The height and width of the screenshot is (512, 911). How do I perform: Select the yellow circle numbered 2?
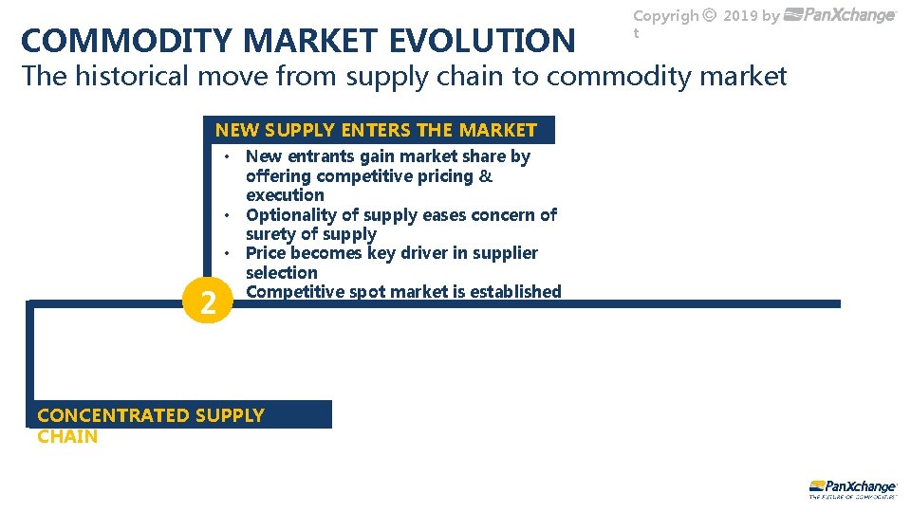point(207,303)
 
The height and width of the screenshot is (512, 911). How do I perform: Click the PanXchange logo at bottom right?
point(852,487)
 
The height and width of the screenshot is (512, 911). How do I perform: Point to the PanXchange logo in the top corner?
point(841,15)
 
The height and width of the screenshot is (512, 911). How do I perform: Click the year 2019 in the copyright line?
point(739,15)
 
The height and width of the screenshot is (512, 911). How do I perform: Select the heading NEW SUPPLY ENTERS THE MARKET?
point(376,130)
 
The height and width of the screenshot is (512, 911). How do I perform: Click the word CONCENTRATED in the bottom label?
point(112,415)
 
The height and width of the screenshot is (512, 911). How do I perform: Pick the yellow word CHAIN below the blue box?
point(67,436)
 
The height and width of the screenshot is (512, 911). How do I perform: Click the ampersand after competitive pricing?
point(486,176)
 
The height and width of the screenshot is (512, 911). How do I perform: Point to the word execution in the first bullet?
point(285,195)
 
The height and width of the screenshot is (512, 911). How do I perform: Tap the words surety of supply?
point(310,234)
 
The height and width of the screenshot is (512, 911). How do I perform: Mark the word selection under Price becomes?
point(282,273)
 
